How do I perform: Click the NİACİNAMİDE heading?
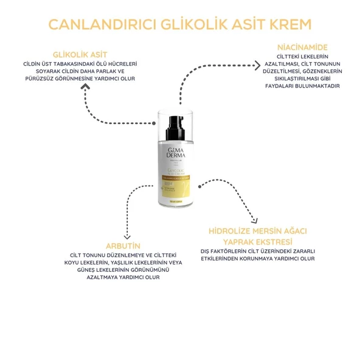click(302, 47)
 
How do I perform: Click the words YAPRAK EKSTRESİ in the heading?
click(257, 242)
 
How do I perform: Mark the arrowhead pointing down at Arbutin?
click(126, 234)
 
